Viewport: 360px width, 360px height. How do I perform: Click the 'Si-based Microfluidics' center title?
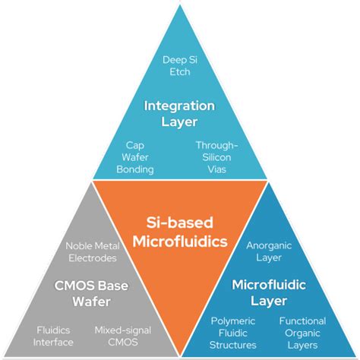[x=180, y=232]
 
